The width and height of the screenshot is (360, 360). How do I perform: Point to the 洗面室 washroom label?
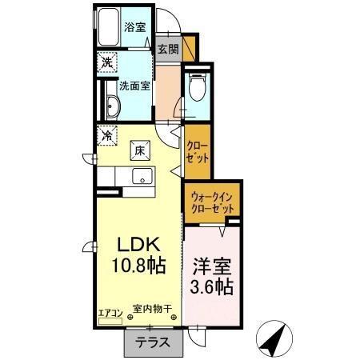coord(134,86)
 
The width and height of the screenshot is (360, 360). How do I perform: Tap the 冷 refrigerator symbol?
coord(106,136)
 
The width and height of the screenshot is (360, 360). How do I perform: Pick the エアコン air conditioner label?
coord(110,312)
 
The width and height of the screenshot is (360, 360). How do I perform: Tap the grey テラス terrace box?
coord(152,342)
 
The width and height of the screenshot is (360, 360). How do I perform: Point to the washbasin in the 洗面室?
coord(113,108)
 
